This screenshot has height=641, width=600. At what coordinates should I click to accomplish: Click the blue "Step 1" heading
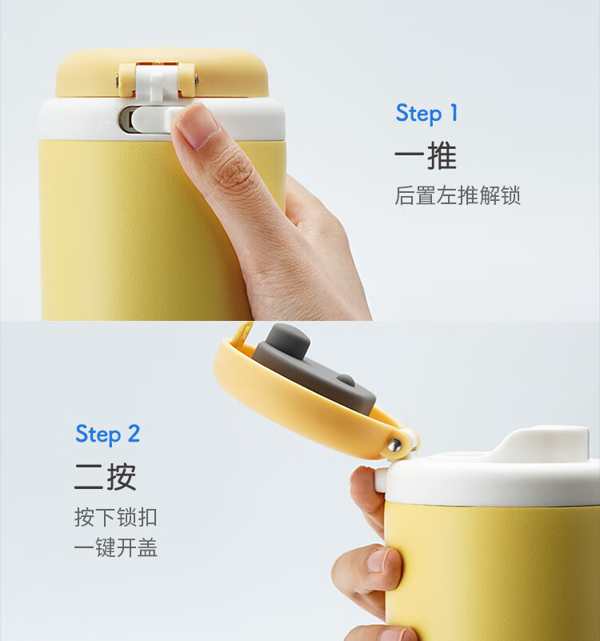point(426,114)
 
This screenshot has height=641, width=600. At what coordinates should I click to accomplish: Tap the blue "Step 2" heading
point(107,435)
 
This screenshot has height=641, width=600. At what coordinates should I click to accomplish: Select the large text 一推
point(426,155)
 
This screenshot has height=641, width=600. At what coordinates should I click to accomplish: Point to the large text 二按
point(105,476)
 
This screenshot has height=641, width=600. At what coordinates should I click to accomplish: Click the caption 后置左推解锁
point(458,195)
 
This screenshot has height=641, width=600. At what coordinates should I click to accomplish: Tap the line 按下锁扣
point(116,517)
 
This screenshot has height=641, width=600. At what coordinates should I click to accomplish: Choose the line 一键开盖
point(116,547)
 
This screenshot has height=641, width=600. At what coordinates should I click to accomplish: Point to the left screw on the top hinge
point(118,80)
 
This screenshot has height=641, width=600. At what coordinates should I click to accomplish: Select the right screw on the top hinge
point(197,80)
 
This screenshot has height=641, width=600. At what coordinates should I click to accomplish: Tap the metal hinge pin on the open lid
point(394,444)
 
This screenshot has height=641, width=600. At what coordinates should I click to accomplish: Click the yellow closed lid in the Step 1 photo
point(162,74)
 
